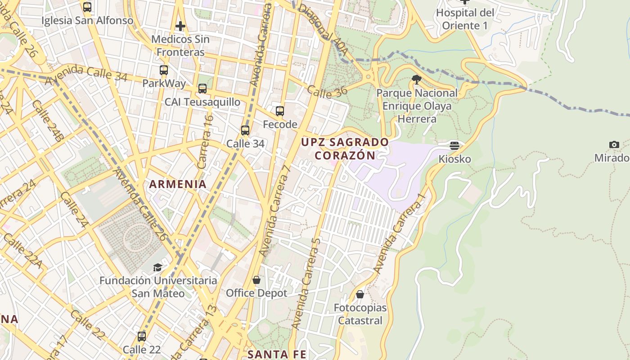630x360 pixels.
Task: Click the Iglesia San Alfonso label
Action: [87, 21]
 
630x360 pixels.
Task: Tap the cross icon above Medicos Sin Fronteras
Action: [180, 26]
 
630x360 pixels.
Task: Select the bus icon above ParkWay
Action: [164, 70]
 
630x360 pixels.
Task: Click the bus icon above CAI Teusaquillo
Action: [202, 89]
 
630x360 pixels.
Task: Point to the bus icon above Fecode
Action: [280, 111]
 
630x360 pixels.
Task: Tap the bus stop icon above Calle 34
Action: [245, 130]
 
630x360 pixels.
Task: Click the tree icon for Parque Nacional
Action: [417, 80]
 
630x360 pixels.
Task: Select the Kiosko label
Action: [454, 159]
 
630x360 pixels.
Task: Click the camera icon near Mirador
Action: [614, 144]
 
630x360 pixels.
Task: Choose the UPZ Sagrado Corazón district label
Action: [345, 148]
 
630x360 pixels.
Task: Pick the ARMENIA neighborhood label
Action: [178, 184]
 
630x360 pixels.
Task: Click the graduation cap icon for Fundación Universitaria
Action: [157, 267]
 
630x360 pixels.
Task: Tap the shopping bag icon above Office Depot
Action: [256, 280]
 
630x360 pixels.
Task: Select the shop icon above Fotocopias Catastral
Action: [360, 294]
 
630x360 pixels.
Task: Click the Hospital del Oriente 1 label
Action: [465, 19]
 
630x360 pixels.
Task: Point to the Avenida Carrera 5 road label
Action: [306, 283]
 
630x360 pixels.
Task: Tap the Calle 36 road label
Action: [327, 91]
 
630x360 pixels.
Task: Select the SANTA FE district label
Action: [277, 355]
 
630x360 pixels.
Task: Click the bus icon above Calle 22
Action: [142, 336]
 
